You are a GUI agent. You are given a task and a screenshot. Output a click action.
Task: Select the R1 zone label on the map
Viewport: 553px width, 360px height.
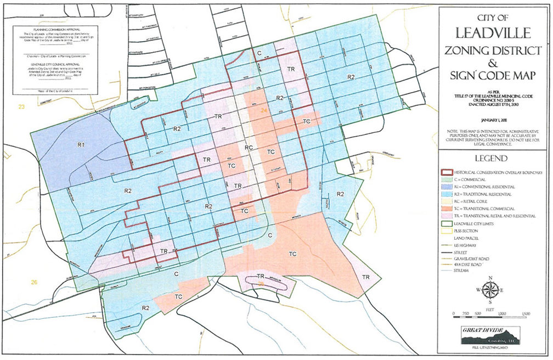pyautogui.click(x=80, y=145)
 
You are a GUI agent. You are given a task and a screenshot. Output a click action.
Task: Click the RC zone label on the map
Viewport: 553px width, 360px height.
pyautogui.click(x=249, y=148)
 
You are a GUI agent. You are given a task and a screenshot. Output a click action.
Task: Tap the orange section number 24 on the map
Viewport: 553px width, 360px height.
pyautogui.click(x=264, y=111)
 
